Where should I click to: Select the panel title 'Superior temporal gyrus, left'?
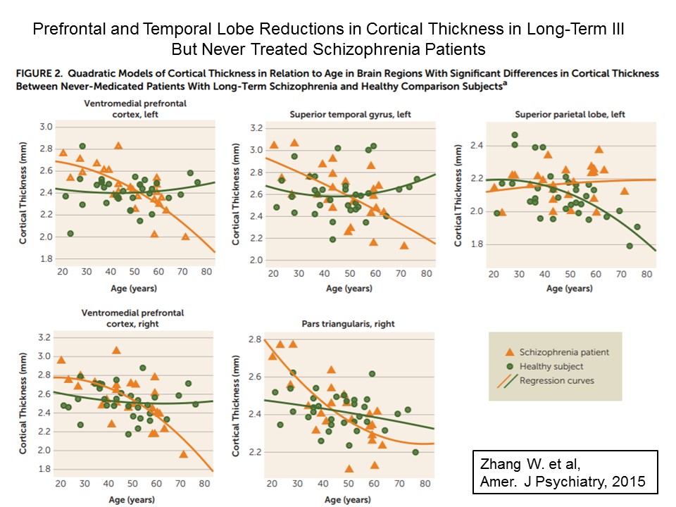(349, 113)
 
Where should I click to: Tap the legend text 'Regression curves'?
(556, 380)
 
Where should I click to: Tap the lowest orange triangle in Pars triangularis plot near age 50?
(349, 468)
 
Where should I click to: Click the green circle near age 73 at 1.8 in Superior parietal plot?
(629, 246)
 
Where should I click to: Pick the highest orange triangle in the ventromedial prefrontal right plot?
(116, 350)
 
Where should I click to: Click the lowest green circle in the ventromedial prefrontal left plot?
(70, 233)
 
